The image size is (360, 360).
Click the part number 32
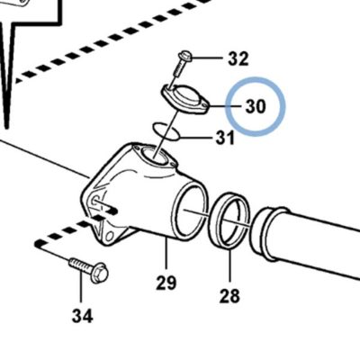pyautogui.click(x=238, y=58)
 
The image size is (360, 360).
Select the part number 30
pyautogui.click(x=256, y=106)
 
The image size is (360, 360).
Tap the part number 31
pyautogui.click(x=225, y=139)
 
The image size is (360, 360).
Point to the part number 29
pyautogui.click(x=166, y=283)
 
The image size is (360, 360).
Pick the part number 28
pyautogui.click(x=229, y=296)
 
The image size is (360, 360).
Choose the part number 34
pyautogui.click(x=82, y=316)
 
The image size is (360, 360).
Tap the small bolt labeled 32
pyautogui.click(x=182, y=64)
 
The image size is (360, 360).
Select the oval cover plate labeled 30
pyautogui.click(x=185, y=99)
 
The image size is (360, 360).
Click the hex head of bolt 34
pyautogui.click(x=99, y=273)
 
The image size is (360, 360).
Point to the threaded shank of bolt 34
pyautogui.click(x=80, y=265)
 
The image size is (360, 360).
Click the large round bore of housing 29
pyautogui.click(x=191, y=212)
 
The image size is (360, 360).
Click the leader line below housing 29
pyautogui.click(x=166, y=255)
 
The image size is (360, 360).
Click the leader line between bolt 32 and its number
pyautogui.click(x=208, y=58)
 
